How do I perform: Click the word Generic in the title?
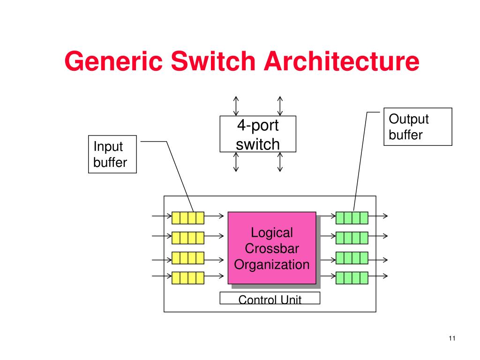pyautogui.click(x=113, y=62)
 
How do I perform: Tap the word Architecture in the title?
pyautogui.click(x=341, y=61)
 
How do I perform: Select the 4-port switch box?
pyautogui.click(x=258, y=134)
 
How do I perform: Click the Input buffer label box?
pyautogui.click(x=112, y=154)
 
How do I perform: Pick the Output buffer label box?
pyautogui.click(x=418, y=127)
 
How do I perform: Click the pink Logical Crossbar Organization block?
pyautogui.click(x=272, y=248)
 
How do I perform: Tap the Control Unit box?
pyautogui.click(x=270, y=298)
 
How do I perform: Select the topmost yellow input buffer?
pyautogui.click(x=188, y=218)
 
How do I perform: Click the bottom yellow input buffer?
pyautogui.click(x=188, y=278)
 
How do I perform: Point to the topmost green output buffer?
pyautogui.click(x=352, y=218)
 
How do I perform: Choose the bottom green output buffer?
pyautogui.click(x=352, y=278)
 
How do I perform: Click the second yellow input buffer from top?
pyautogui.click(x=188, y=238)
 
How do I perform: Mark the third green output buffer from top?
pyautogui.click(x=352, y=258)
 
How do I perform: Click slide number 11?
pyautogui.click(x=452, y=338)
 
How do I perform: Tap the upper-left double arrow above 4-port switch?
pyautogui.click(x=236, y=106)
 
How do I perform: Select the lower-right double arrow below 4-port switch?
pyautogui.click(x=280, y=162)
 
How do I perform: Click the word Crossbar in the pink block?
pyautogui.click(x=272, y=248)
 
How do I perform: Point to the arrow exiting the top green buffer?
pyautogui.click(x=378, y=216)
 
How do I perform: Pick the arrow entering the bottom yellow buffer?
pyautogui.click(x=162, y=276)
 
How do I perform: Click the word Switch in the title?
pyautogui.click(x=213, y=61)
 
